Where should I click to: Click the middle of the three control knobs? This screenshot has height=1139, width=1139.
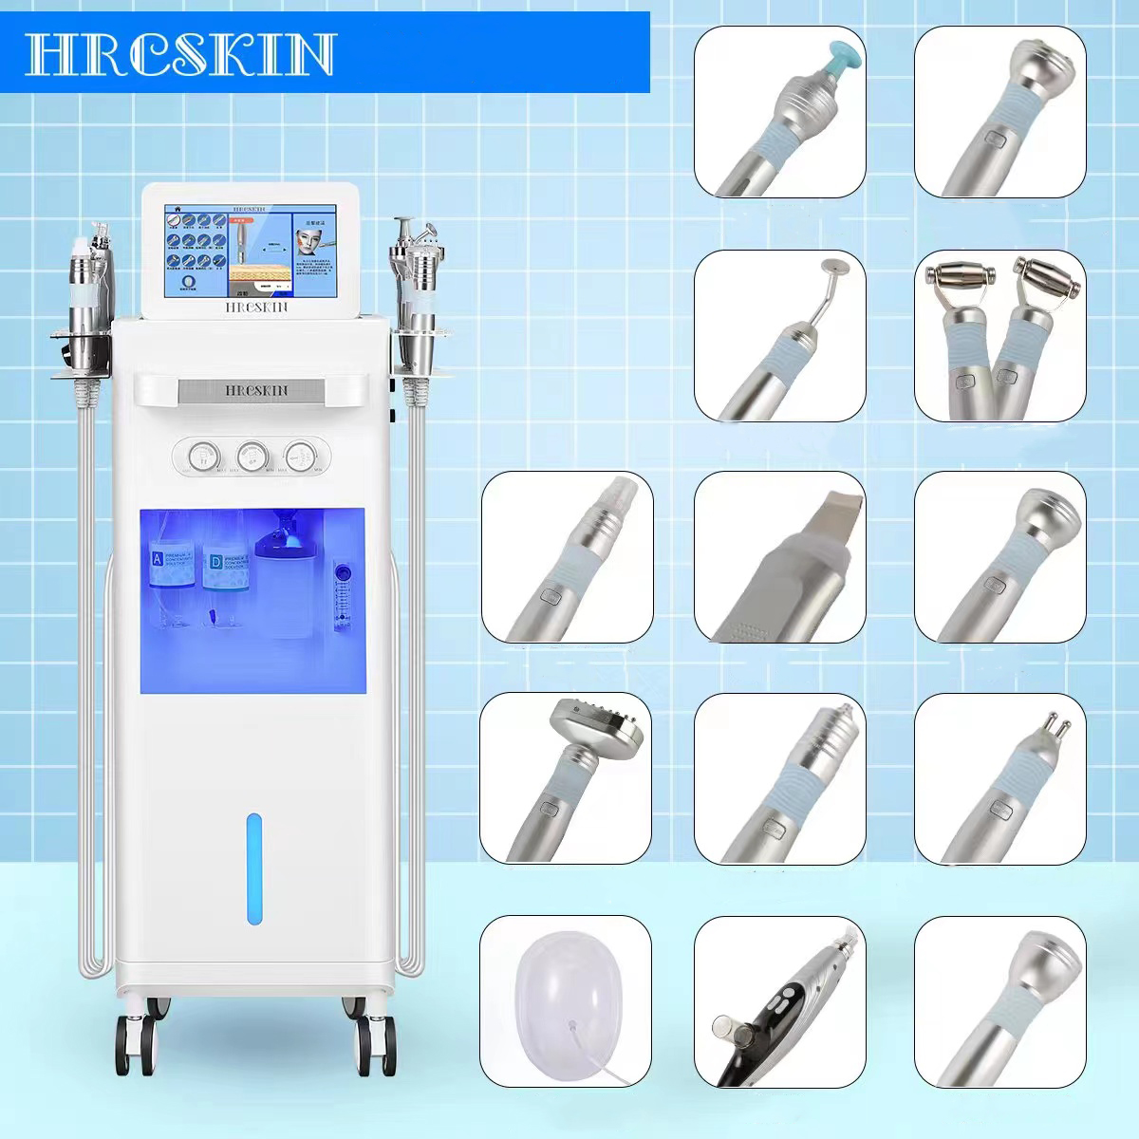tap(252, 455)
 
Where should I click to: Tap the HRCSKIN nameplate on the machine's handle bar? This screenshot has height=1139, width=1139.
tap(251, 389)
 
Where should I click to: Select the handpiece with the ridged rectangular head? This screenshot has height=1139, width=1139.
tap(588, 731)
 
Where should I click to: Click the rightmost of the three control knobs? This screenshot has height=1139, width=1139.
tap(302, 455)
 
